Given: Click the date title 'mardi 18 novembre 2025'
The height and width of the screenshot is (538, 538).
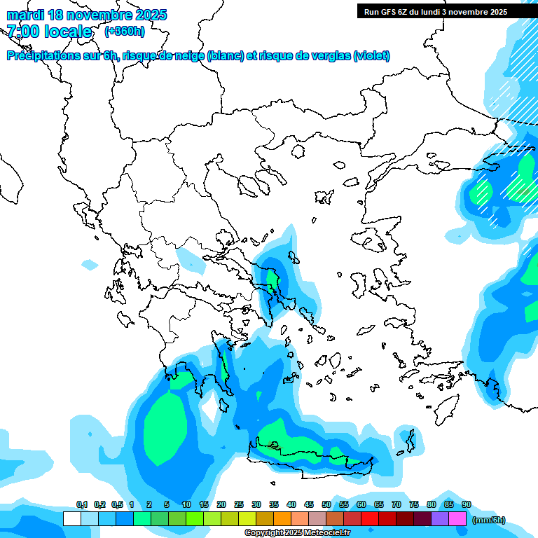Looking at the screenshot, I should point(87,15).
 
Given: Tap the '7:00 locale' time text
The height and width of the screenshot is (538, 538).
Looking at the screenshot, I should point(49,32).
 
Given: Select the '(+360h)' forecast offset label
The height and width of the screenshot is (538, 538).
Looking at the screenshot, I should point(124,32).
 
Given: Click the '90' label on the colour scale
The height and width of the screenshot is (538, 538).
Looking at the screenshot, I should point(466,505).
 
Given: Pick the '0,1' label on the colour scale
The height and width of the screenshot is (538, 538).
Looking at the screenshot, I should point(81,505).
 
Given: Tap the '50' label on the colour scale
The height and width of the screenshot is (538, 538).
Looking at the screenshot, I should point(326,505).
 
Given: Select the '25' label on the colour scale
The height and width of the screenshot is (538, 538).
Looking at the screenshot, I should point(239,505).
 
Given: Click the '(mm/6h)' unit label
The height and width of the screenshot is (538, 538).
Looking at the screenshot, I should point(488,520).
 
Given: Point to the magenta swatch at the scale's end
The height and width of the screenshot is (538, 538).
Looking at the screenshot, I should point(457,519).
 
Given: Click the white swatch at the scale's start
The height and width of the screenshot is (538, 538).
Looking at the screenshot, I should point(71,519).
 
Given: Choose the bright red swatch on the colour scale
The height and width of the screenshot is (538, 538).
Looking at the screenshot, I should point(370,519).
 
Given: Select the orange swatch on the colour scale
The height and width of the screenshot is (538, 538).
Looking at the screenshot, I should point(282,519).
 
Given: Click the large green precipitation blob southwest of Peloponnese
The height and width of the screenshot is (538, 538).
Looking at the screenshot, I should point(166,427).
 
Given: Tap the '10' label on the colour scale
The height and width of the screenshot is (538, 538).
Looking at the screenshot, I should point(186,505).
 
